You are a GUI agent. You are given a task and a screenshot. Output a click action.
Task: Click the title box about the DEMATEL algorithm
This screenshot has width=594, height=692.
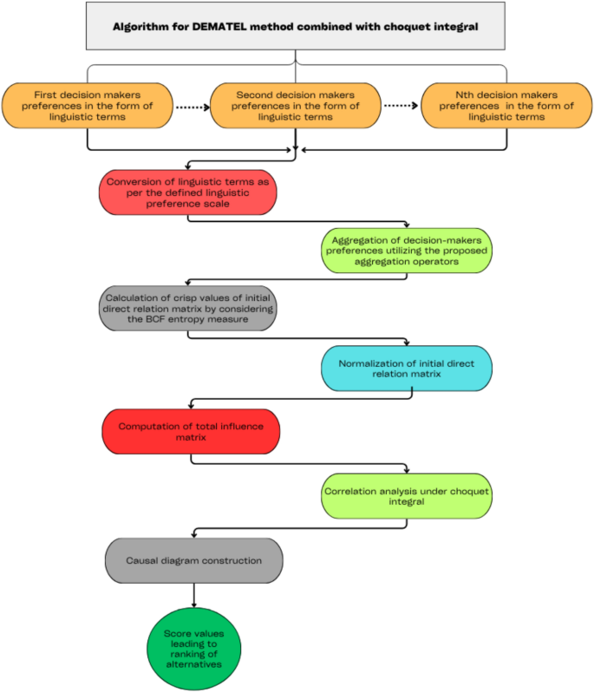point(297,26)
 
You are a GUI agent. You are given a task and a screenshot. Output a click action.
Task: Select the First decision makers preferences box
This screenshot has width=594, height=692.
point(87,106)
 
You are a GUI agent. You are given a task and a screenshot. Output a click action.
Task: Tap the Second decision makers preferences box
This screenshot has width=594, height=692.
point(296,106)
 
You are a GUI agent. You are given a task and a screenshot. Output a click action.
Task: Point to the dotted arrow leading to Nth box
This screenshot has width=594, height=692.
point(401,107)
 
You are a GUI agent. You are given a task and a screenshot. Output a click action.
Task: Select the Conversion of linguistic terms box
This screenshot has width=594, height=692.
point(188,191)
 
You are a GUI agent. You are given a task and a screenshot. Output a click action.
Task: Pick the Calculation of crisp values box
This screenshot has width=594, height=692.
point(188,308)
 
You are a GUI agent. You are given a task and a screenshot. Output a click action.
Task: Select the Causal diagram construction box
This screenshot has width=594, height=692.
point(194,561)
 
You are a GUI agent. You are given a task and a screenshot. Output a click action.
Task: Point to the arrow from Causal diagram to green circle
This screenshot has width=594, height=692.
point(193,595)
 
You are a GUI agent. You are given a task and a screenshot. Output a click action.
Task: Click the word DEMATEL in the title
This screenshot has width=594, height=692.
point(261,26)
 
